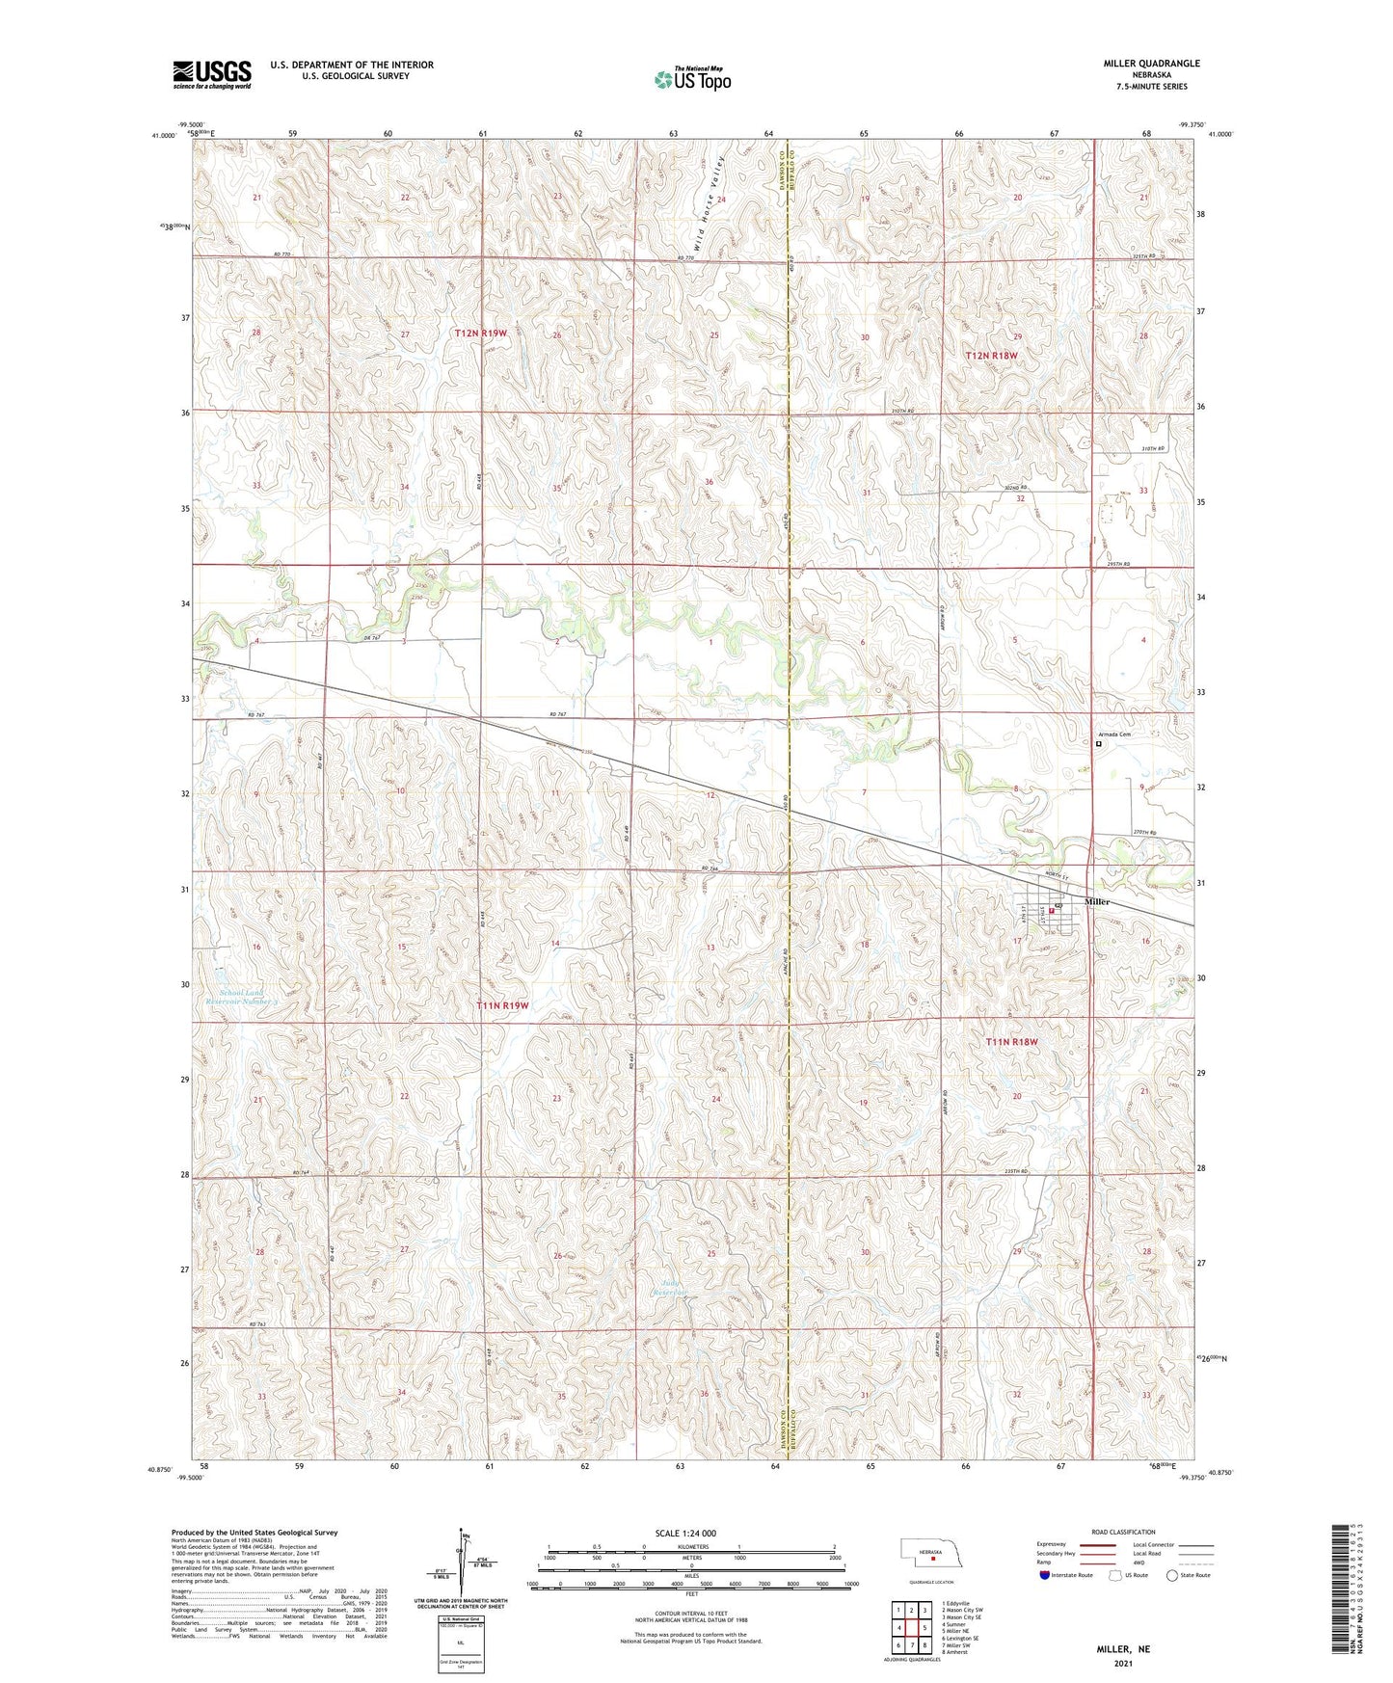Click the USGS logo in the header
coord(211,74)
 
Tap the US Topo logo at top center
coord(692,79)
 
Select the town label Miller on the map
coord(1097,901)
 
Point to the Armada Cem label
coord(1113,735)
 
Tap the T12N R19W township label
coord(480,333)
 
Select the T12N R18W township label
coord(991,356)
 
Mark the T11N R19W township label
coord(502,1005)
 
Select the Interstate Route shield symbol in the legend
coord(1047,1575)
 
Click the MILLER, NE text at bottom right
coord(1122,1648)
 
